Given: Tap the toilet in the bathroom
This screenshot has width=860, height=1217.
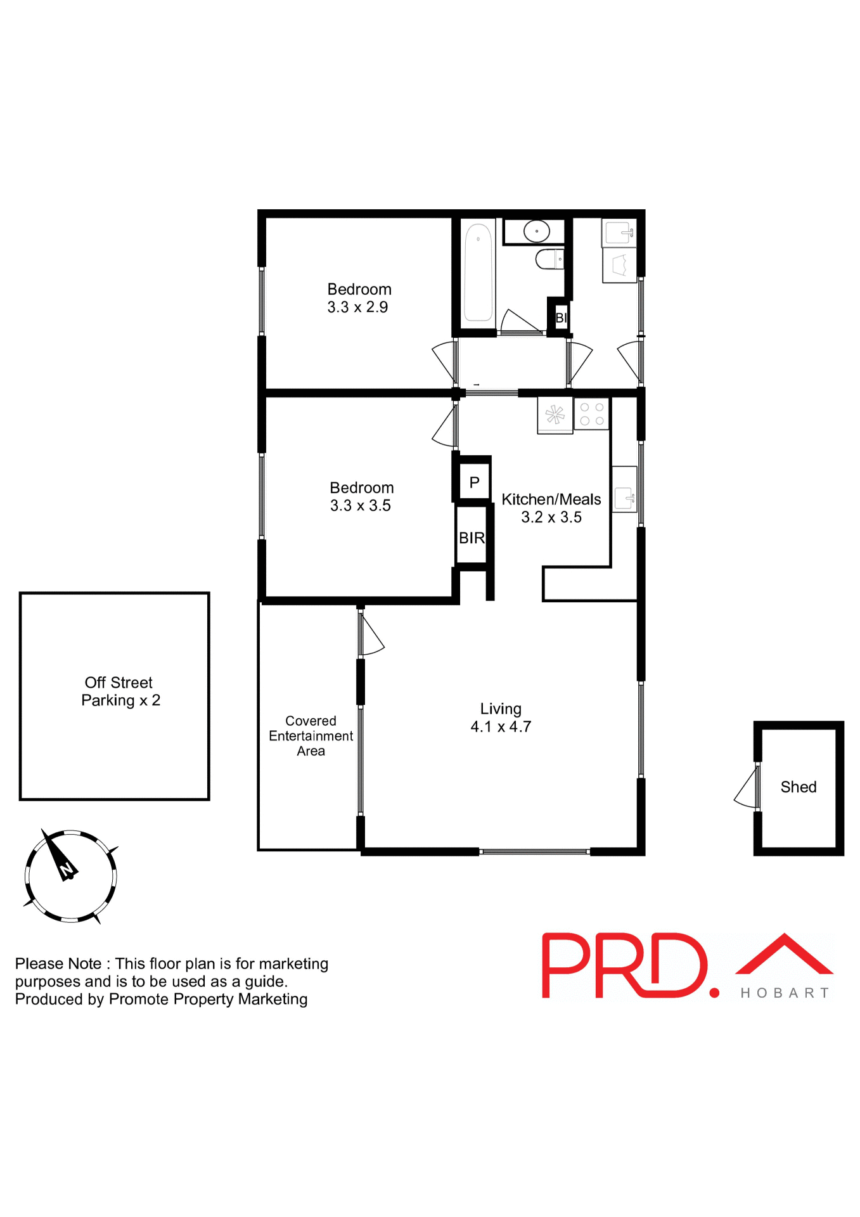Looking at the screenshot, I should (549, 259).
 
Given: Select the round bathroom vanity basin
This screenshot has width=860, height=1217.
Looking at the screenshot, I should (536, 231).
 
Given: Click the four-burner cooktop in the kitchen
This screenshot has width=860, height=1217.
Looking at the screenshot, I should (592, 414).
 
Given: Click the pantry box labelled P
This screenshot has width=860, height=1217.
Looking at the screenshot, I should (474, 482).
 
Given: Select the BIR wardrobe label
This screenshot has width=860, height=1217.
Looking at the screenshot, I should (472, 538).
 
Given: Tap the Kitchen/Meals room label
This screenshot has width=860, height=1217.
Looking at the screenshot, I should (551, 499).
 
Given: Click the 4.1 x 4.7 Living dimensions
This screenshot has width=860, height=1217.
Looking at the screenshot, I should (501, 727).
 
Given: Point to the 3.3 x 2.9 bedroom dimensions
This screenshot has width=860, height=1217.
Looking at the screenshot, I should (357, 307).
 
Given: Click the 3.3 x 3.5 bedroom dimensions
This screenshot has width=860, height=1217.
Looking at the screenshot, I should (360, 506).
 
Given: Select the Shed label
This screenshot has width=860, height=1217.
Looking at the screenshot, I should (798, 787).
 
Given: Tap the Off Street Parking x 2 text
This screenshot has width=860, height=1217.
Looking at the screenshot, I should (120, 692).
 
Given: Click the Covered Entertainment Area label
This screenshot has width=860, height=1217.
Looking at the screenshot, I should (311, 736).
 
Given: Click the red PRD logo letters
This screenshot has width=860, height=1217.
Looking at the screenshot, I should (624, 965).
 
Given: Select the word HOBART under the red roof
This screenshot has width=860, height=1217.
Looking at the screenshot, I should (785, 993).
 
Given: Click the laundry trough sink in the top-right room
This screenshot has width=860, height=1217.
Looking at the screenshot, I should (619, 233).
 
